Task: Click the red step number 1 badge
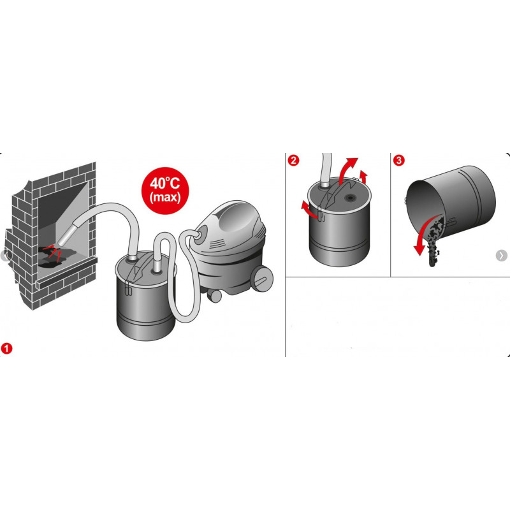[x=6, y=348]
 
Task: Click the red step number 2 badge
[x=293, y=161]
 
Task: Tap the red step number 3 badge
[x=399, y=161]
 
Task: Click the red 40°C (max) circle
[x=165, y=191]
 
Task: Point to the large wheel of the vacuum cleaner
[x=263, y=277]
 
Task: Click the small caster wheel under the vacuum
[x=214, y=295]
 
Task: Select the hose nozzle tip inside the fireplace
[x=62, y=241]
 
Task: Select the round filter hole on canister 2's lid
[x=351, y=198]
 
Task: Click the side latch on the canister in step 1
[x=127, y=288]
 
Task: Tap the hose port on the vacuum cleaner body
[x=201, y=233]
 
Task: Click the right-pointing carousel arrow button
[x=501, y=256]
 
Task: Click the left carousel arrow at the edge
[x=4, y=256]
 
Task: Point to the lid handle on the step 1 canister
[x=140, y=266]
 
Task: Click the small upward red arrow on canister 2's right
[x=363, y=177]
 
